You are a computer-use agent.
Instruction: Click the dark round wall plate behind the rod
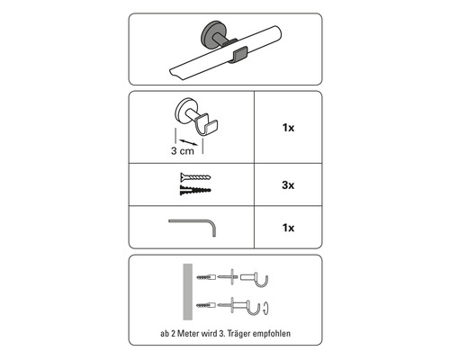211,33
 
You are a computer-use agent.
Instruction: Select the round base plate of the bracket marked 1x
183,111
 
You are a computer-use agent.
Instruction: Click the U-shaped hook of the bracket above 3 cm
206,126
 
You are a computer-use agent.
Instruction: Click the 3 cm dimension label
183,150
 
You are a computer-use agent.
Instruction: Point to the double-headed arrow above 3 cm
188,142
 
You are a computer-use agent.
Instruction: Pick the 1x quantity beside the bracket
288,128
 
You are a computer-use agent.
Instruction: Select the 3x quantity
288,185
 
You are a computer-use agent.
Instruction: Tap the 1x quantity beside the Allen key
288,228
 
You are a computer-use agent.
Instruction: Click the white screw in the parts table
195,177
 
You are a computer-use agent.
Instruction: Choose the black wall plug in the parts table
195,190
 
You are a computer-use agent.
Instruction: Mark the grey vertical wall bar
188,292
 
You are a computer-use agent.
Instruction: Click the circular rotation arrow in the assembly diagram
265,309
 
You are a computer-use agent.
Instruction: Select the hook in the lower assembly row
254,308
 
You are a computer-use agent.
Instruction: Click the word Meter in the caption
187,333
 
